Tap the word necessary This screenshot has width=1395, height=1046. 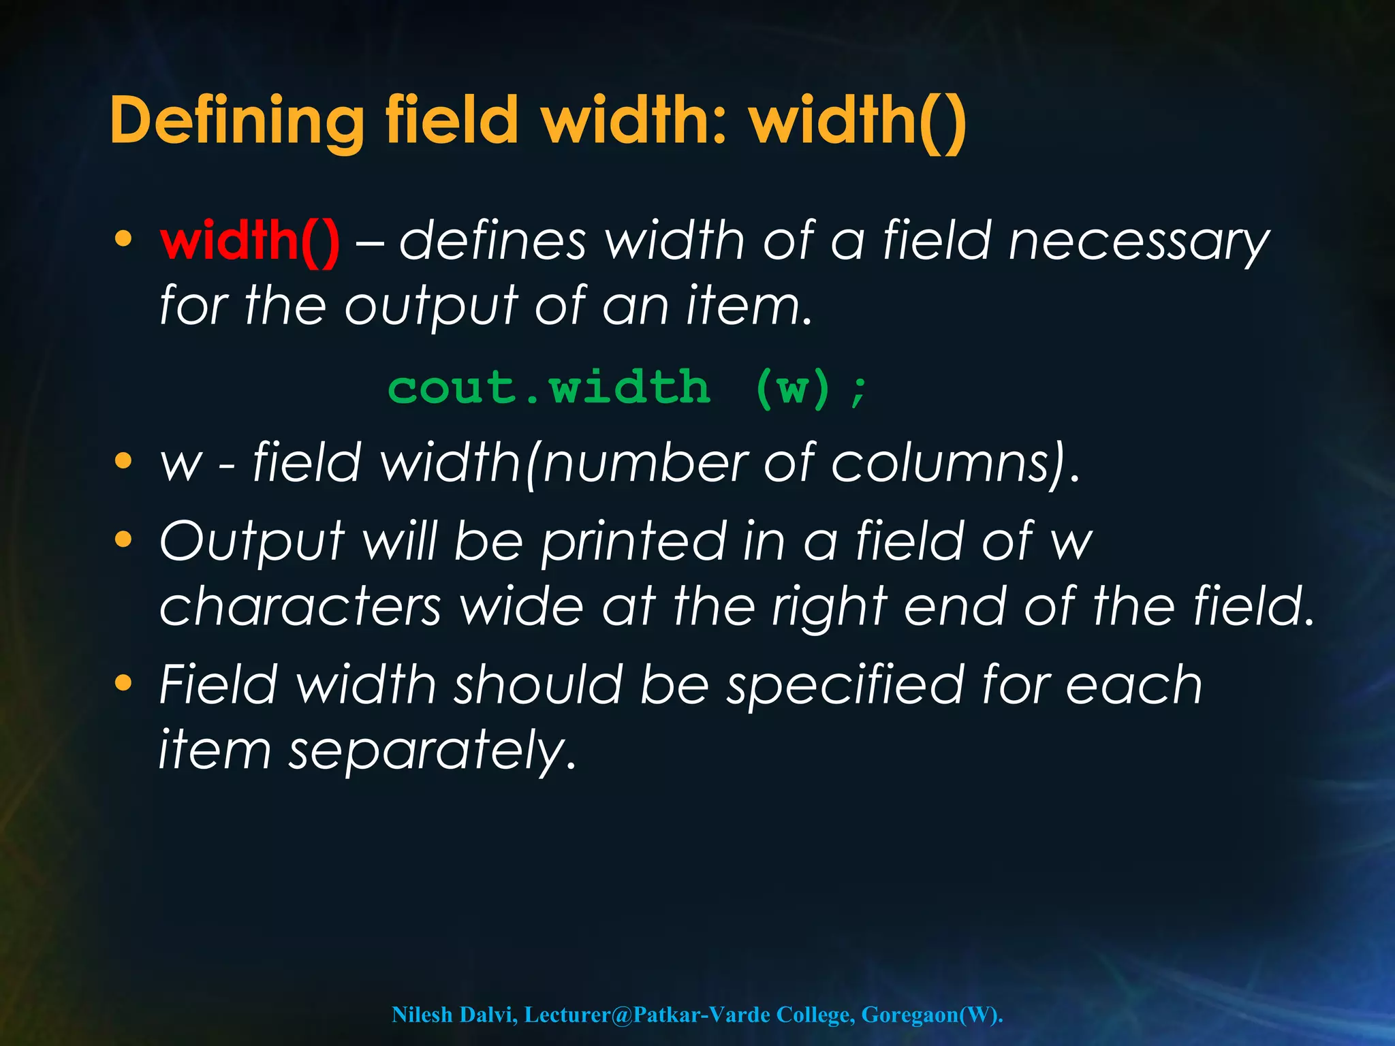[x=1139, y=242]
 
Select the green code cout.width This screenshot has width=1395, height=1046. [x=549, y=388]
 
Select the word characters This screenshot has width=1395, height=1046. [x=300, y=606]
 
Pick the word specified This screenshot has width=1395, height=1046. [x=845, y=685]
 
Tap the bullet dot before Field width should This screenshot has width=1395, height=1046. [x=123, y=682]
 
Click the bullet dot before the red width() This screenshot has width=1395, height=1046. [x=123, y=239]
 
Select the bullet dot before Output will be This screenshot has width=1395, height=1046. [x=123, y=540]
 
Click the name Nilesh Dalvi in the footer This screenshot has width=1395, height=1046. [x=455, y=1014]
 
